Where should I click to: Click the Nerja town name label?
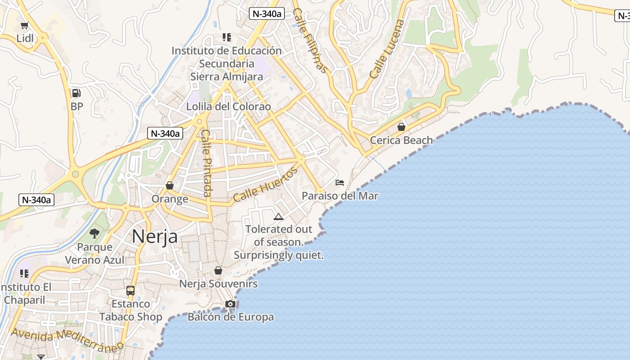point(155,237)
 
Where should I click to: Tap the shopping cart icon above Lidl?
point(25,26)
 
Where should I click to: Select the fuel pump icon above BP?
point(76,93)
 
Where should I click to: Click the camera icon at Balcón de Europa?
point(230,304)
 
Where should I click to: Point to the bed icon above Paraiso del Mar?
point(340,183)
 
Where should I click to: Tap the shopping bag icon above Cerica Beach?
point(401,127)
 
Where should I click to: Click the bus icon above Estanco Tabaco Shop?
point(130,291)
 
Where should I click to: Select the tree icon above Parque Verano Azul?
point(94,233)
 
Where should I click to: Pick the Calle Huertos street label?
point(265,184)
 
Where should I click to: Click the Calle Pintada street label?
point(207,163)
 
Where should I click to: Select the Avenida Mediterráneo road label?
point(67,340)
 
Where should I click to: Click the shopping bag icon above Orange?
point(170,185)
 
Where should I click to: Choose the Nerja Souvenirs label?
point(218,283)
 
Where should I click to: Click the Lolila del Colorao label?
point(229,107)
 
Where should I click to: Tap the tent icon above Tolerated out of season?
point(279,217)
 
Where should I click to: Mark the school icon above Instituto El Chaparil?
point(24,274)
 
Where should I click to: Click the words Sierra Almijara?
point(226,76)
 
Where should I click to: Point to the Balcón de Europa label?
point(230,317)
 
